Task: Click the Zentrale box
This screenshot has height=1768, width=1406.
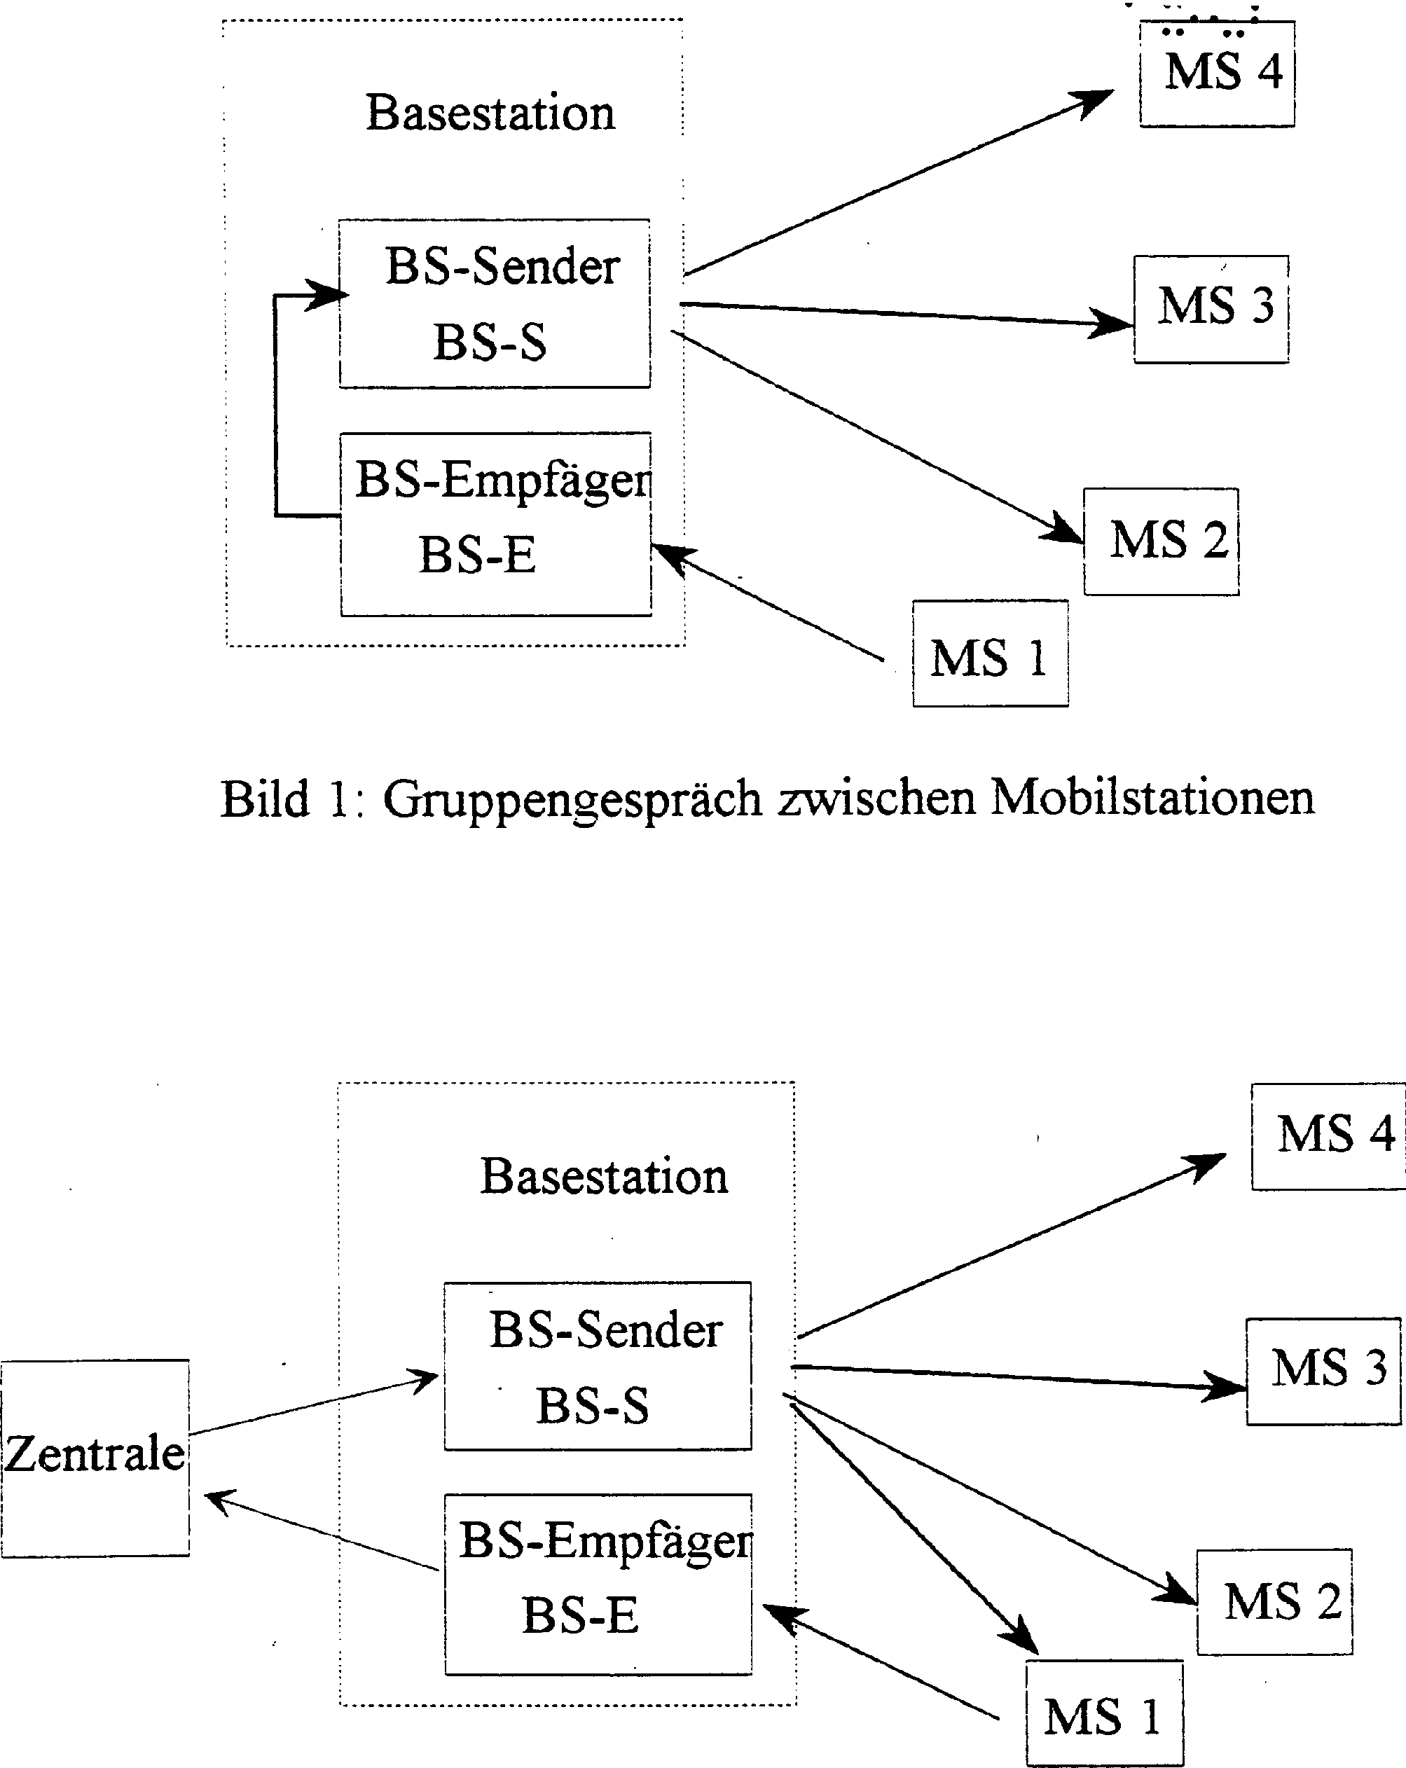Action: click(95, 1457)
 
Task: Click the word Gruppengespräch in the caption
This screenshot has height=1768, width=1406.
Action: click(572, 799)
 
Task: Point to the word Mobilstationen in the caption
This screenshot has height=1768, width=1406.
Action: click(1152, 797)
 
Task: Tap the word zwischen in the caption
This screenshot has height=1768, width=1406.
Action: click(877, 797)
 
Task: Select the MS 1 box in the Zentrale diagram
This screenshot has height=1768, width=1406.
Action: click(1103, 1715)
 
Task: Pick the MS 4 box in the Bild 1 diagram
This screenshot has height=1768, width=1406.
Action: click(1218, 74)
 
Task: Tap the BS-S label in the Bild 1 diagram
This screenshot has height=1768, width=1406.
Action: click(490, 342)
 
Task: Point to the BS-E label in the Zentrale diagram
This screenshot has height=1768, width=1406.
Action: click(580, 1615)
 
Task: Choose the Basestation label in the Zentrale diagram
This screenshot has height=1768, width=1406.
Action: click(604, 1176)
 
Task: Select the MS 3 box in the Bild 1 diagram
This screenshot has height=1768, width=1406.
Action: click(1211, 308)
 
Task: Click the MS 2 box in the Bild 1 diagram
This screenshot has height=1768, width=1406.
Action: click(1162, 541)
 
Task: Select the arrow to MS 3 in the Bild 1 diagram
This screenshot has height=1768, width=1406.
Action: click(902, 314)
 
